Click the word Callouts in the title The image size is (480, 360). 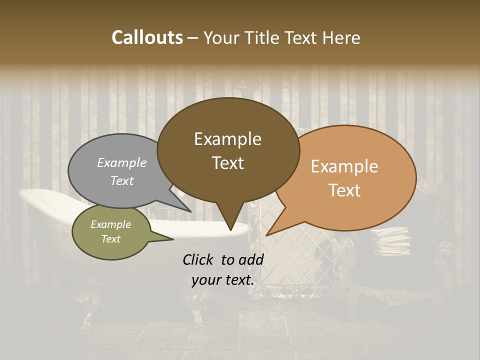pos(147,37)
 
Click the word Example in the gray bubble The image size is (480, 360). pos(122,162)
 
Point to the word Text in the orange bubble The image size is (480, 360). pos(345,190)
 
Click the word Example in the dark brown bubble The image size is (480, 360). pos(227,139)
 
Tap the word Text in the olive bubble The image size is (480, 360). pos(111,239)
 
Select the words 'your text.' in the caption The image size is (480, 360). pos(223,280)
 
